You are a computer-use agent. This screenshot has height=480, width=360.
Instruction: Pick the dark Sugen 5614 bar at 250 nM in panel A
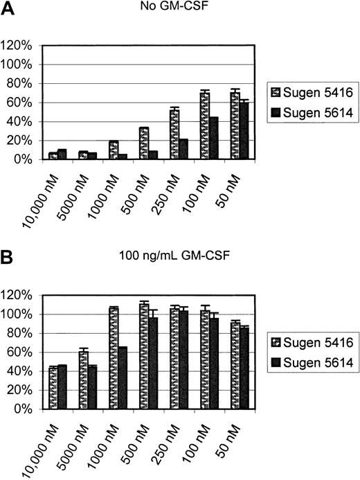183,149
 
